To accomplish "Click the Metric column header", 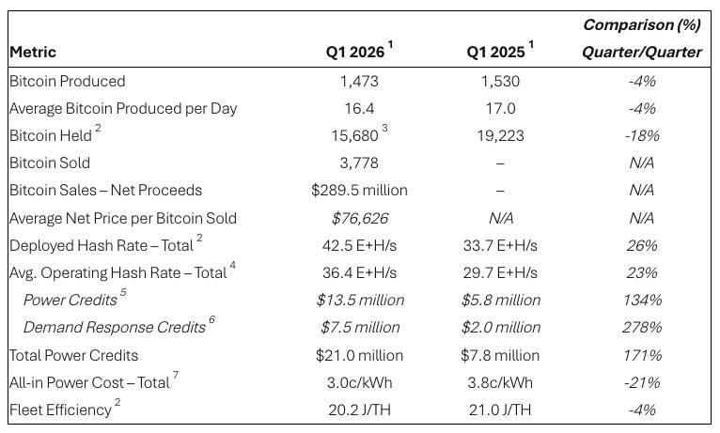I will coord(33,53).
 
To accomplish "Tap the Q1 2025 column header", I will coord(495,53).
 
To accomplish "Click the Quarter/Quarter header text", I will coord(641,53).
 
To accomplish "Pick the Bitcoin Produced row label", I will coord(67,81).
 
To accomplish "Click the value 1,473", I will coord(359,81).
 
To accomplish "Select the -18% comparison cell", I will coord(642,135).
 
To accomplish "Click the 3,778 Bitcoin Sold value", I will coord(359,162).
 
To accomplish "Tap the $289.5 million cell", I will coord(359,190).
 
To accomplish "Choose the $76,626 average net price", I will coord(359,218).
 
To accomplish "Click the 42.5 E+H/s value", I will coord(359,245).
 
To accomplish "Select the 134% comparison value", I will coord(642,301).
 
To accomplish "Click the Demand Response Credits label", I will coord(114,328).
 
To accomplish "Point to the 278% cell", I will coord(642,328).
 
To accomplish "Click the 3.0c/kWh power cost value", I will coord(359,382).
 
